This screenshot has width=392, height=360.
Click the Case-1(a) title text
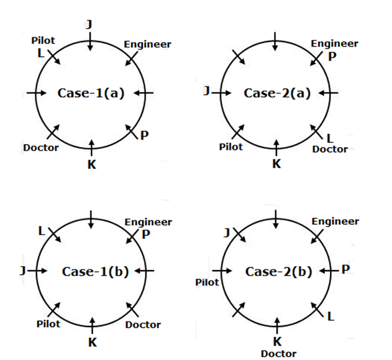91,93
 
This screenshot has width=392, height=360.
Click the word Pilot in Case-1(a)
43,40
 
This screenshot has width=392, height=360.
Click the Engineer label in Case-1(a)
147,44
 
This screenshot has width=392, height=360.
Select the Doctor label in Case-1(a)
41,148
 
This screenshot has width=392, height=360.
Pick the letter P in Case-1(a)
144,136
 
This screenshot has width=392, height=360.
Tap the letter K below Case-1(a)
91,164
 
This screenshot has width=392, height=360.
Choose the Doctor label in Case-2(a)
330,149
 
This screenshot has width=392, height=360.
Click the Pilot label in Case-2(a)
230,147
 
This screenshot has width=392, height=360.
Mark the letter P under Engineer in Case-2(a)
332,56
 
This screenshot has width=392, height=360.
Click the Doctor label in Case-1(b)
143,324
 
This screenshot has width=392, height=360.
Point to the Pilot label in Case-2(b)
207,282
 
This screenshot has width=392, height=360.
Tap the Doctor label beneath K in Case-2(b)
278,353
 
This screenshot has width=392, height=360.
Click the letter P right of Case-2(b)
346,269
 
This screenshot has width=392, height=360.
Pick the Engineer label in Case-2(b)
335,222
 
